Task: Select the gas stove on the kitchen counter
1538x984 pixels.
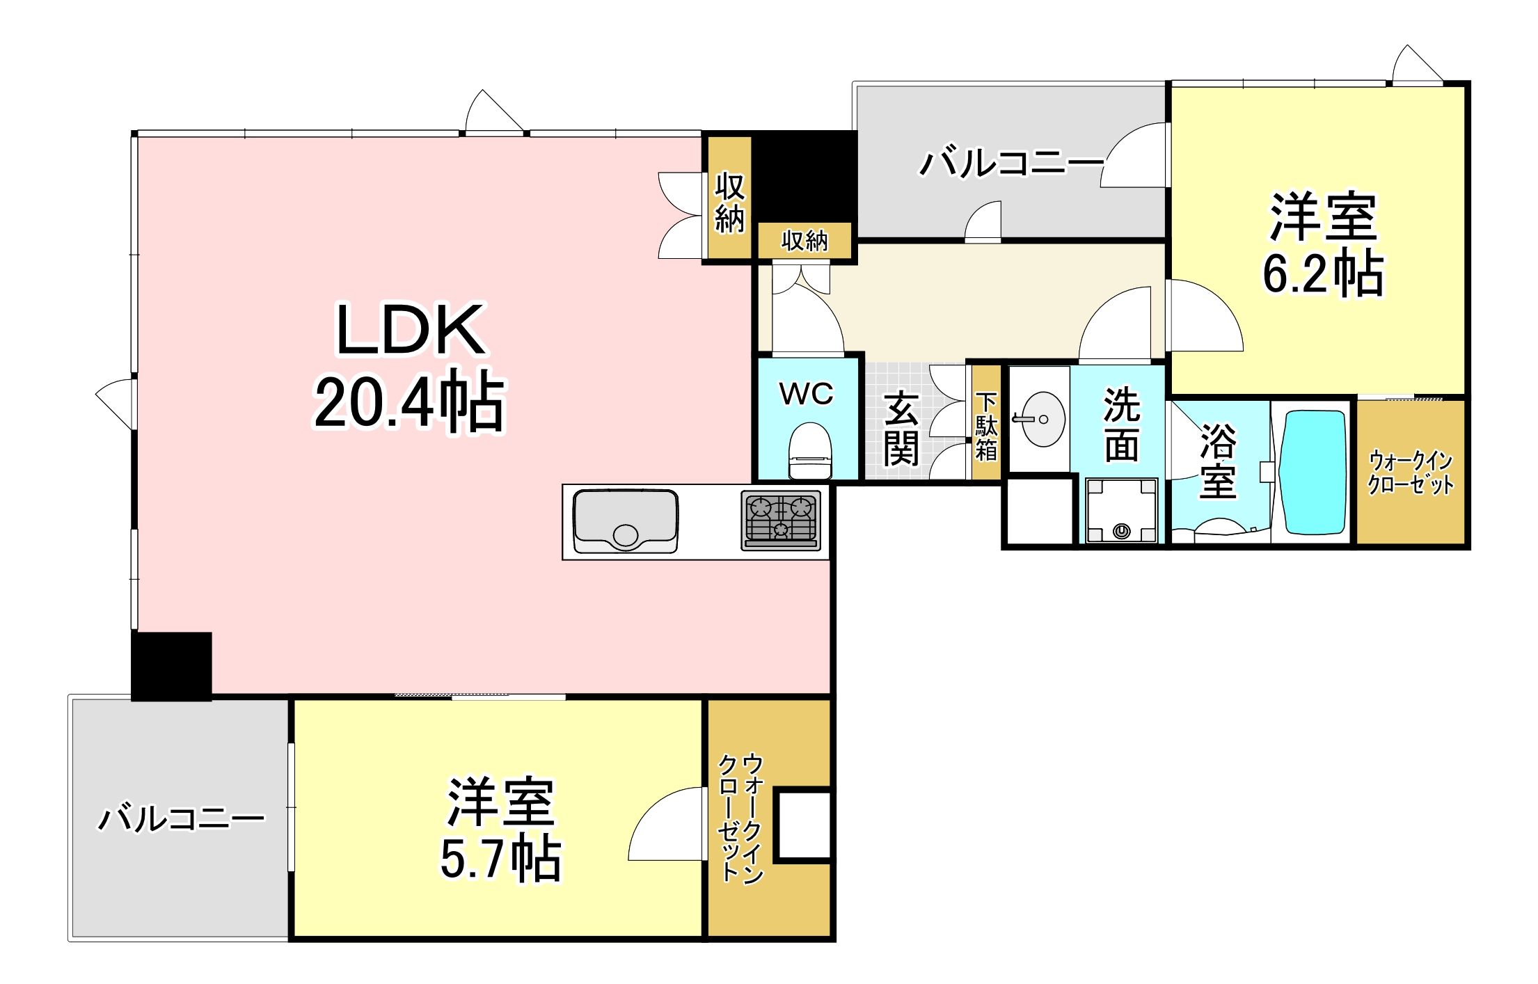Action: coord(781,520)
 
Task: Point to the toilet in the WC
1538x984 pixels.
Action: coord(810,450)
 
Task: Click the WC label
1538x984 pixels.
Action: coord(806,394)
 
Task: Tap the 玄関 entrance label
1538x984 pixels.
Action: coord(901,429)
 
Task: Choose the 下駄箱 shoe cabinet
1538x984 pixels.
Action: coord(986,424)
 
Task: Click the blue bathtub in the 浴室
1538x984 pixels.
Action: coord(1315,472)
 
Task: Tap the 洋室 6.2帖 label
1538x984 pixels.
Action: coord(1322,244)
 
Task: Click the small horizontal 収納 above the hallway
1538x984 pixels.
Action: coord(804,241)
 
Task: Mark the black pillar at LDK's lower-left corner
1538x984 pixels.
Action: coord(171,666)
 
